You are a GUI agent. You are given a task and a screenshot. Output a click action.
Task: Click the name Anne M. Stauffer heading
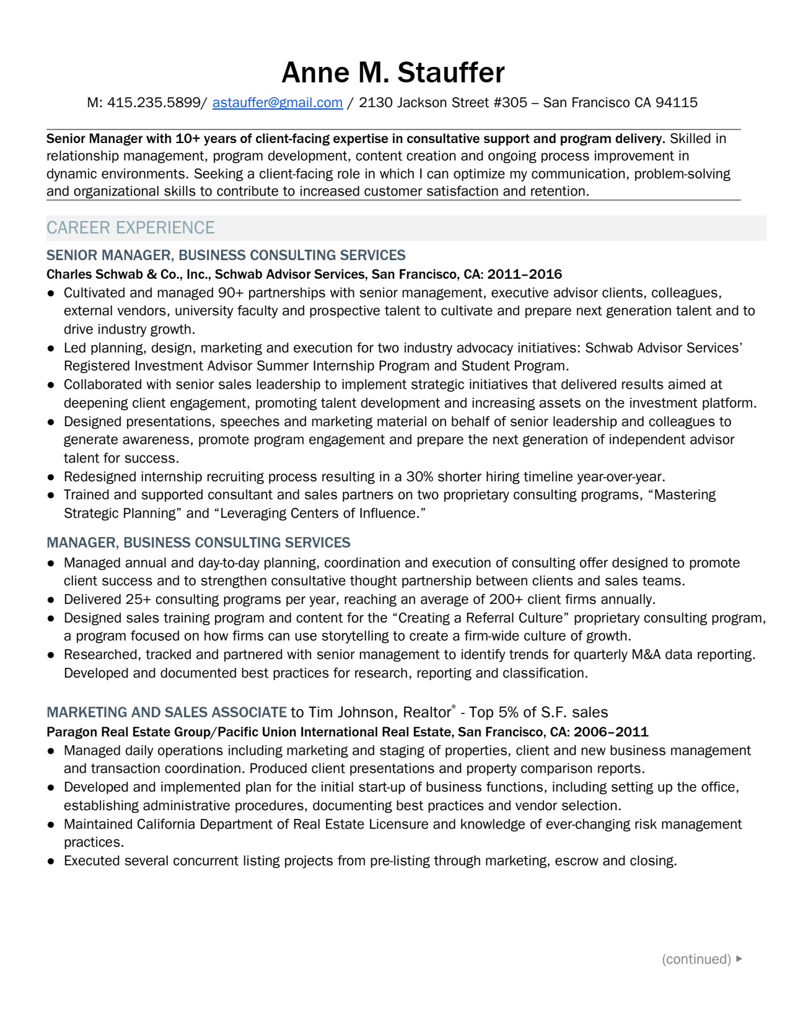[393, 72]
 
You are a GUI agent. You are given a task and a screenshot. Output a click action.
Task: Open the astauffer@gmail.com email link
[277, 103]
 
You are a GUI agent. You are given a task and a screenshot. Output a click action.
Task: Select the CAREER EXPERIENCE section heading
[130, 228]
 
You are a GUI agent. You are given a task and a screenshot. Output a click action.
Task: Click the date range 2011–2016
[524, 274]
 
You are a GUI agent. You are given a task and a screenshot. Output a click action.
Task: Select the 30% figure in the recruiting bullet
[419, 477]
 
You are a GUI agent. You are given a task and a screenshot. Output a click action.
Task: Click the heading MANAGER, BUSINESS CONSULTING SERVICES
[198, 543]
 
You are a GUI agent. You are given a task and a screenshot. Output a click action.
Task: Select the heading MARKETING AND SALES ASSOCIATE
[167, 712]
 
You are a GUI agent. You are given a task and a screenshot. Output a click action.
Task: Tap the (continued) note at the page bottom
[696, 959]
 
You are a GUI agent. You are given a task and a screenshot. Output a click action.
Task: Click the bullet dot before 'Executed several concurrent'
[52, 862]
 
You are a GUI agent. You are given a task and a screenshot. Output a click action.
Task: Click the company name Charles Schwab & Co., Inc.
[127, 274]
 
